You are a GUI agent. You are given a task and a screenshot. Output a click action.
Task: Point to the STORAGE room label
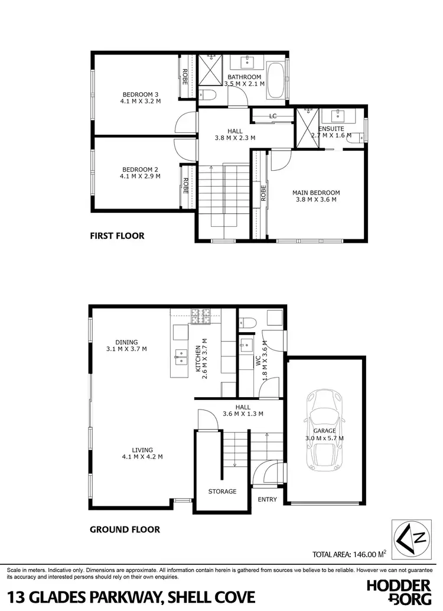222,491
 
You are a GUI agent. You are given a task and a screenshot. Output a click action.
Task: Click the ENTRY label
267,499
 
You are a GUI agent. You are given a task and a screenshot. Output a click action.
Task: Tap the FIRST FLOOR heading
117,236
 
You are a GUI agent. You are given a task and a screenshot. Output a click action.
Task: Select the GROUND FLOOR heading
125,529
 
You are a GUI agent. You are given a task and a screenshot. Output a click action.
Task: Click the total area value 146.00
366,554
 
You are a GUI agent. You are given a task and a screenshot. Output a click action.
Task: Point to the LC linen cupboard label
272,116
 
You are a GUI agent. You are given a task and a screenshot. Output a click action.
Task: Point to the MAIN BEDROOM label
316,193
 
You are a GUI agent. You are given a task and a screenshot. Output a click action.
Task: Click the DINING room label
126,342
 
